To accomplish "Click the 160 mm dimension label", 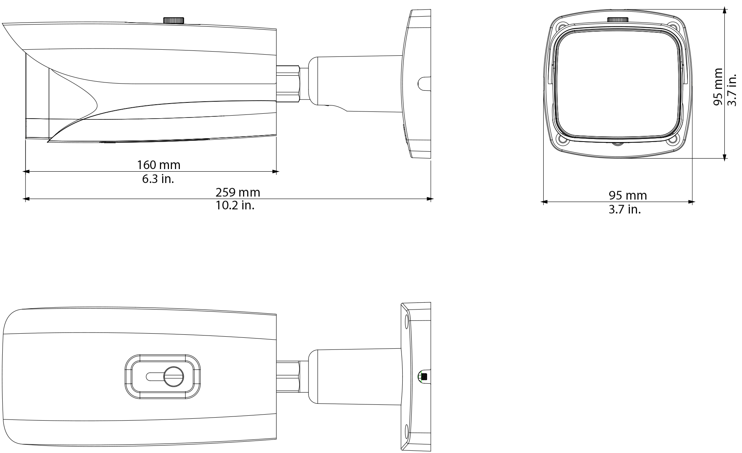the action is (158, 165).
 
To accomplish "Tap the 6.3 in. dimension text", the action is (158, 179).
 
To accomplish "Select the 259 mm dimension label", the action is (238, 192).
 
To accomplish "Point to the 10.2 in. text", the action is (235, 206).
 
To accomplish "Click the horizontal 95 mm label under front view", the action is (628, 195).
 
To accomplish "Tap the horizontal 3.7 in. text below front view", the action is (625, 209).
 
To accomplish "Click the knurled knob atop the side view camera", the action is (173, 20).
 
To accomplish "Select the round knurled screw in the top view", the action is (174, 376).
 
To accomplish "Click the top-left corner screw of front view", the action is (562, 27).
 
